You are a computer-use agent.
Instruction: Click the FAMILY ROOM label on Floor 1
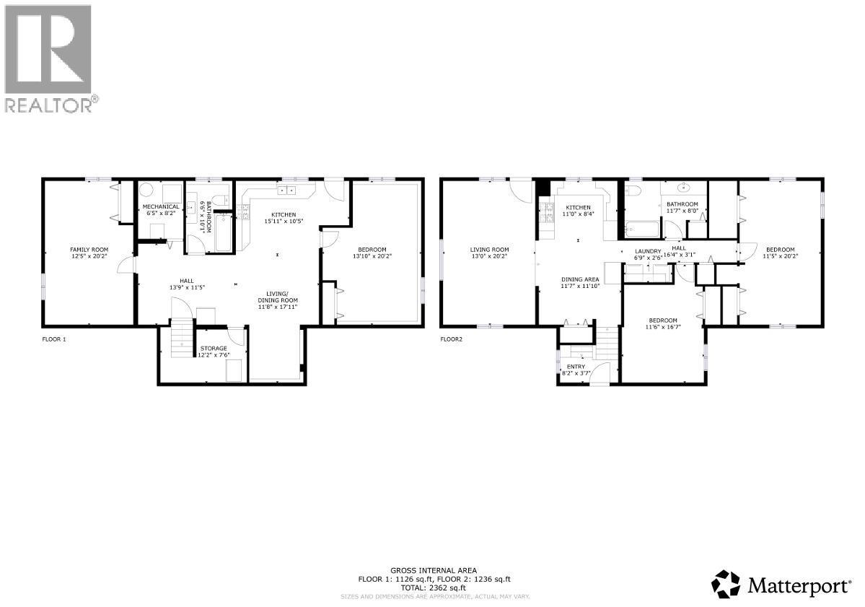pos(89,249)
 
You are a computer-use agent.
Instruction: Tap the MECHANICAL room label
pos(162,206)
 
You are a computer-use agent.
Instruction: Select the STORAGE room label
pos(214,349)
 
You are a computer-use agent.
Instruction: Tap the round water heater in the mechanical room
pos(146,191)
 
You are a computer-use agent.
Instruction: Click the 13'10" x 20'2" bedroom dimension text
pos(372,256)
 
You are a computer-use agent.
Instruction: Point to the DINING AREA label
pos(580,279)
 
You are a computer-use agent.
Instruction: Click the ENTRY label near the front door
pos(576,367)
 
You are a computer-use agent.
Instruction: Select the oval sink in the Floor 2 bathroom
pos(681,191)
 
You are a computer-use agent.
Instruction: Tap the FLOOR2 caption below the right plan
pos(451,339)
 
